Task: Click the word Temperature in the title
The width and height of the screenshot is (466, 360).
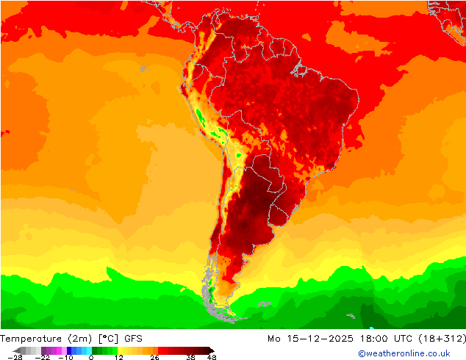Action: coord(32,339)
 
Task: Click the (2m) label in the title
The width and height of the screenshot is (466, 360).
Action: coord(81,339)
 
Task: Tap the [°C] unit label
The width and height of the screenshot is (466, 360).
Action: coord(109,339)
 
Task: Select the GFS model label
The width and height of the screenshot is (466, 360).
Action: coord(133,339)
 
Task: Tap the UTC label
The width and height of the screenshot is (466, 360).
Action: coord(401,339)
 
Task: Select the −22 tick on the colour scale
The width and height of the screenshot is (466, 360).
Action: coord(42,358)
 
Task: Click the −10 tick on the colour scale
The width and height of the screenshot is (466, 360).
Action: coord(65,358)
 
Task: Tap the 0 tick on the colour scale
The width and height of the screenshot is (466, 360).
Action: coord(91,358)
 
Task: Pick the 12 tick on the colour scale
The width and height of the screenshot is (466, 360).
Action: coord(118,358)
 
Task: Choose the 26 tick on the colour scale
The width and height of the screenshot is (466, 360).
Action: coord(155,358)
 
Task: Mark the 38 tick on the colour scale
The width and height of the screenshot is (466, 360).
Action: coord(190,358)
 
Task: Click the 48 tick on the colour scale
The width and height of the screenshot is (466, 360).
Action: coord(212,358)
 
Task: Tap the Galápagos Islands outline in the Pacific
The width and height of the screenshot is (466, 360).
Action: coord(143,68)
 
